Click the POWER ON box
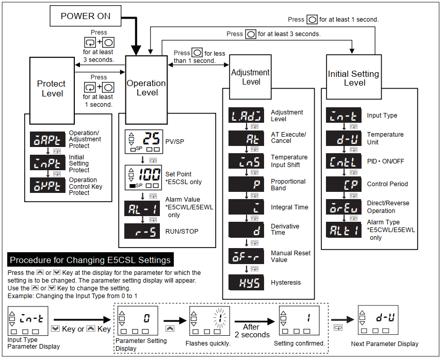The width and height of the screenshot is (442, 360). [x=86, y=16]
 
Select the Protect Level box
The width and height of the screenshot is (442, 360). [x=51, y=88]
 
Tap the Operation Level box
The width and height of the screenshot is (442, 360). [x=147, y=88]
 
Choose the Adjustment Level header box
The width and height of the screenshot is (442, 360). [x=251, y=77]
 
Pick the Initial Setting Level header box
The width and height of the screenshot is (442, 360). [x=353, y=78]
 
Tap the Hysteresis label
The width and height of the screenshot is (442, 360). [x=286, y=283]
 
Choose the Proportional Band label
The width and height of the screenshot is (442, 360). [x=288, y=185]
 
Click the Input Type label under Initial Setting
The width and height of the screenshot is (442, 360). [x=382, y=116]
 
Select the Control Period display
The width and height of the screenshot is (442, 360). [x=344, y=184]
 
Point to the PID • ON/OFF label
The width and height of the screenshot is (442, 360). [x=385, y=161]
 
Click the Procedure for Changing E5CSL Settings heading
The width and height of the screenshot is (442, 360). [x=91, y=260]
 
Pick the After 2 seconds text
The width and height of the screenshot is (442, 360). [x=251, y=331]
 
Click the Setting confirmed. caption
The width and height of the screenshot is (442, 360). [x=299, y=343]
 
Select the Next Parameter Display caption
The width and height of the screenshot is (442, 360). [x=385, y=344]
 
